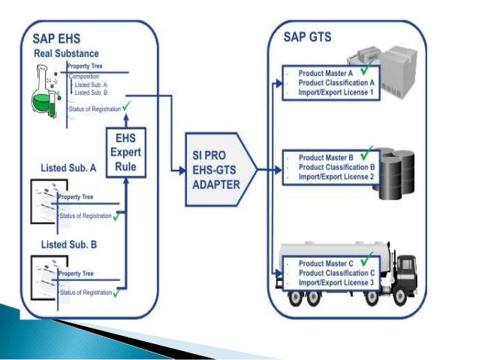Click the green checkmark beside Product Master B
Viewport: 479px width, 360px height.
(x=366, y=153)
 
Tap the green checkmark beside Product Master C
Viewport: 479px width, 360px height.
(x=366, y=259)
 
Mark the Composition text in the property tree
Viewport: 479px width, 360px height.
(x=85, y=77)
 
